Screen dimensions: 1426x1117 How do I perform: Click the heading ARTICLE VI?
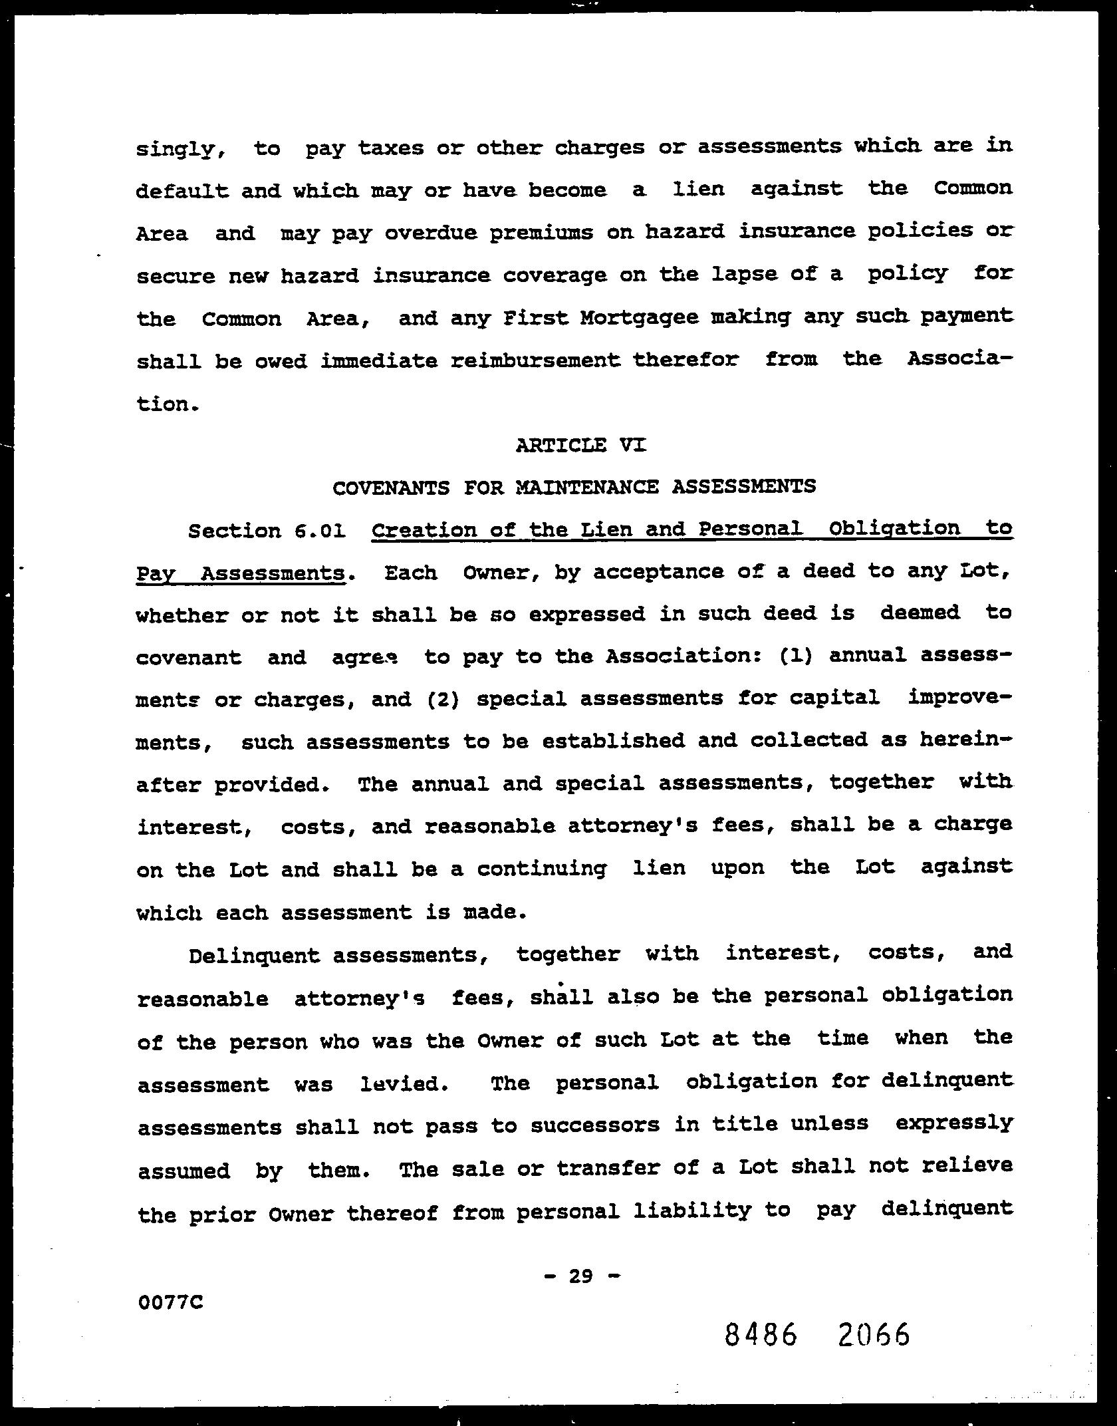tap(580, 445)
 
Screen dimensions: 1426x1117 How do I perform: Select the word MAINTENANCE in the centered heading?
tap(587, 488)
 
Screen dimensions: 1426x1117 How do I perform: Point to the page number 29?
tap(580, 1276)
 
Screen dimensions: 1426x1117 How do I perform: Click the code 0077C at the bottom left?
tap(170, 1302)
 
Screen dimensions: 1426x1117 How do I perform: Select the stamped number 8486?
tap(761, 1335)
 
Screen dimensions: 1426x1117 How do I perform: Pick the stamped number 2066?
tap(874, 1335)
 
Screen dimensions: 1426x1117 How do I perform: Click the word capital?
tap(834, 698)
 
